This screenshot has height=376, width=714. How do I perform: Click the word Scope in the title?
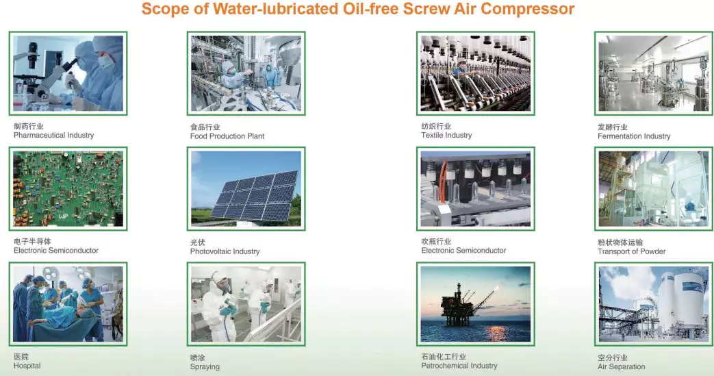coord(164,10)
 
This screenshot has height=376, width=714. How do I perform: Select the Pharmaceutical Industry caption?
coord(53,136)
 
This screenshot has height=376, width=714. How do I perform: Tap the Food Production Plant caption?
coord(227,136)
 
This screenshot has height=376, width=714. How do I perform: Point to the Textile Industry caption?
coord(446,136)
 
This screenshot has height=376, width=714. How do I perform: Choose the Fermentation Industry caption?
coord(634,136)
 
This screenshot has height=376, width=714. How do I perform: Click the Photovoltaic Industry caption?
coord(225,251)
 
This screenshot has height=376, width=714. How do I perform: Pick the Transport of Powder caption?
coord(631,251)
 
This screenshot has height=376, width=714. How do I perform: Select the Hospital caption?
coord(27,366)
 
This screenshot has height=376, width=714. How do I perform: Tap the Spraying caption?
coord(205,366)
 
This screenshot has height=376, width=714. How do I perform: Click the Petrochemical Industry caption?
coord(459,366)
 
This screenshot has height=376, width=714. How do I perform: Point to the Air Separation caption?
coord(621,366)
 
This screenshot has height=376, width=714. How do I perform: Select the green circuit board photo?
coord(68,188)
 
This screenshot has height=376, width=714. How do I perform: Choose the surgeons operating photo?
coord(68,304)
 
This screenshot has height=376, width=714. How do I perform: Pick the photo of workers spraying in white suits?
coord(246,304)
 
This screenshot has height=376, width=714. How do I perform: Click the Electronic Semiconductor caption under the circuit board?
coord(56,251)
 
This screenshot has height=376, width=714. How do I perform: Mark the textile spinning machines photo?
coord(475,73)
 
